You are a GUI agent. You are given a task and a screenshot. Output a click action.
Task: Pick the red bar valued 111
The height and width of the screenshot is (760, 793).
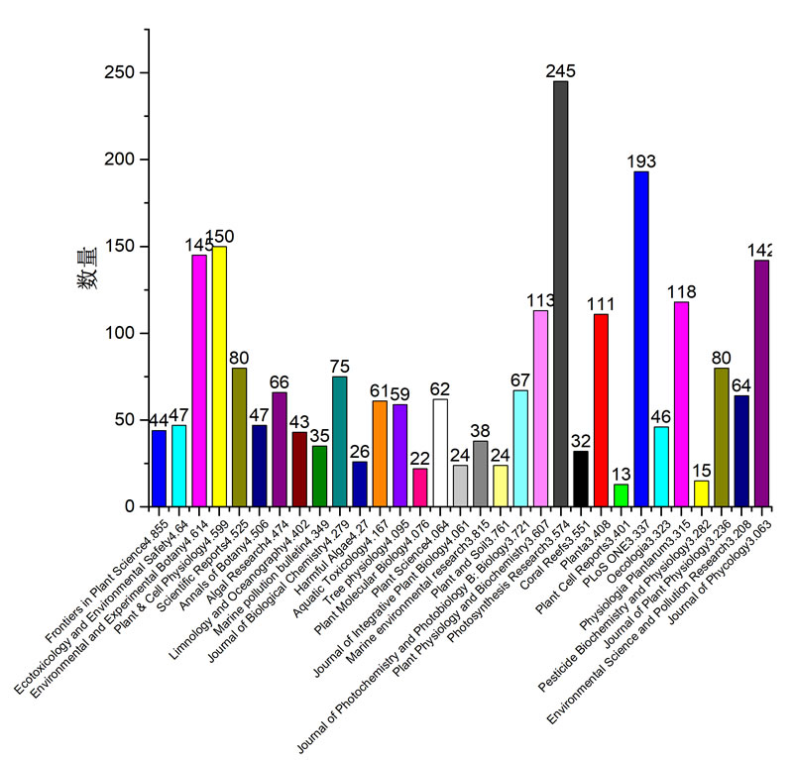click(x=601, y=410)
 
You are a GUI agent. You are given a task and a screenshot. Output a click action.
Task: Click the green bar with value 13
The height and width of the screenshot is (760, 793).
click(x=621, y=495)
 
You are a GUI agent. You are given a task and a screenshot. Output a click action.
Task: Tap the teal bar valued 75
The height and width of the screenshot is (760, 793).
click(x=339, y=441)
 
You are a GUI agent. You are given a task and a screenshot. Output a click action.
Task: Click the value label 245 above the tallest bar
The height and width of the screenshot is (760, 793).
click(x=561, y=71)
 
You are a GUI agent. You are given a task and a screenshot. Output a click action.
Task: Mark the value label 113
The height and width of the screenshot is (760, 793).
click(x=540, y=300)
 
